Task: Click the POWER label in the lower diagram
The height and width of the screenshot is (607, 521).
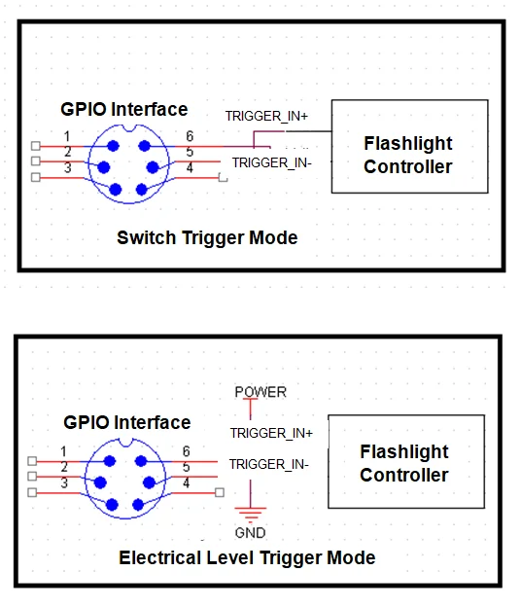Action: coord(260,392)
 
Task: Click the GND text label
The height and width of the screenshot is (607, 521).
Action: coord(250,533)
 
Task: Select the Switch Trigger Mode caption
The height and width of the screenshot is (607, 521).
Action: coord(207,237)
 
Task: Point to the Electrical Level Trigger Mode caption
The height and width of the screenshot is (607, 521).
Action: coord(247,557)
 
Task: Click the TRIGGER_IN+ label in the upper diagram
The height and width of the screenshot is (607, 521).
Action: coord(266,116)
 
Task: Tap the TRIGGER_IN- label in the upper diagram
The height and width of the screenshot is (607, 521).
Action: coord(271,163)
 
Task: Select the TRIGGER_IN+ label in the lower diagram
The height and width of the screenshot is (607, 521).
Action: coord(271,433)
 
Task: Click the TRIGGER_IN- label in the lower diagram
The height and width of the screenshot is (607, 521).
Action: coord(269,464)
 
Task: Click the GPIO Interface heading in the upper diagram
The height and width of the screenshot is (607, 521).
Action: coord(124,109)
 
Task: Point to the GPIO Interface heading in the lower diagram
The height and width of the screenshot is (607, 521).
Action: coord(127,422)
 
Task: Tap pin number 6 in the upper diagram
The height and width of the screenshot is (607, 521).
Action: coord(190,136)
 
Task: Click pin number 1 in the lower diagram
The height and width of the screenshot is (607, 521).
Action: coord(63,451)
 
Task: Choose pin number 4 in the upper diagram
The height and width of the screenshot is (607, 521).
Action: coord(190,168)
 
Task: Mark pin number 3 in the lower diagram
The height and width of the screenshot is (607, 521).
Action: coord(64,483)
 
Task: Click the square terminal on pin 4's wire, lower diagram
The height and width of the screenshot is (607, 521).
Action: coord(220,492)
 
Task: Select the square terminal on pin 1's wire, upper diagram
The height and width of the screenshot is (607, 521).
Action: coord(36,146)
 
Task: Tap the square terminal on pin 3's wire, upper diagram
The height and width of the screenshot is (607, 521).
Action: coord(36,177)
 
